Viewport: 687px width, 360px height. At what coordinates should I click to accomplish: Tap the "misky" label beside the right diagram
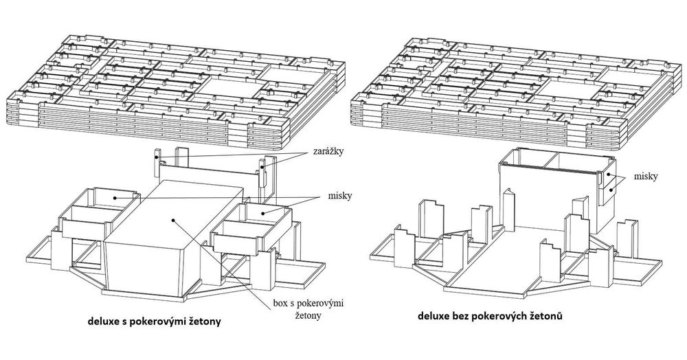click(645, 177)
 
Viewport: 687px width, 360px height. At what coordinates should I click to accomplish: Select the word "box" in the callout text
click(281, 304)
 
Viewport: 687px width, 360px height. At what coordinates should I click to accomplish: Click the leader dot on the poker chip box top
click(174, 221)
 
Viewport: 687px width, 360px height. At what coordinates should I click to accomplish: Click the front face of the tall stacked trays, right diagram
click(546, 199)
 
